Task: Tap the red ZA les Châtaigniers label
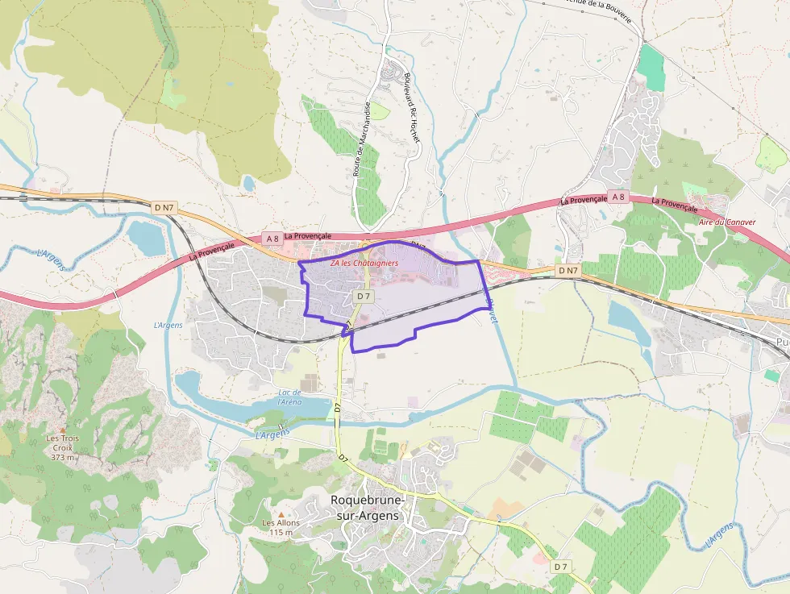point(364,264)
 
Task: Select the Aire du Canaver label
point(722,222)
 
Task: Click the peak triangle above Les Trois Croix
point(64,430)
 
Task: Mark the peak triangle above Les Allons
point(281,514)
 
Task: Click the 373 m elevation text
point(63,457)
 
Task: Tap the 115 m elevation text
point(281,532)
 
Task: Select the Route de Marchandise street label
point(361,139)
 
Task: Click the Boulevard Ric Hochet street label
point(412,108)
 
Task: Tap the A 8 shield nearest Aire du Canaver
point(618,197)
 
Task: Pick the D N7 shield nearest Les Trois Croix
point(164,208)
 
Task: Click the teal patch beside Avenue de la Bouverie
point(652,69)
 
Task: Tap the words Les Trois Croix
point(63,442)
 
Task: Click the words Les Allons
point(281,523)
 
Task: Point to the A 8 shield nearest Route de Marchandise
point(272,238)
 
